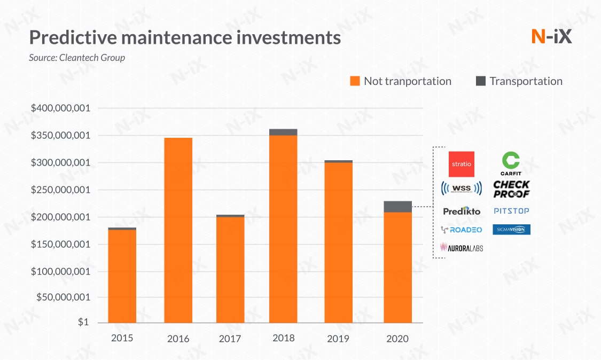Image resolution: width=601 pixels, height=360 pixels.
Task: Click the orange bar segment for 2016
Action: coord(178,230)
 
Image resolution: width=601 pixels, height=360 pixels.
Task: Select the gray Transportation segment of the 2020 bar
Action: coord(397,207)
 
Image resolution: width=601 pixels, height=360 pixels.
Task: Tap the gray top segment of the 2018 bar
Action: coord(283,132)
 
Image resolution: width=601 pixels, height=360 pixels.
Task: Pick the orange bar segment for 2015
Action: coord(122,276)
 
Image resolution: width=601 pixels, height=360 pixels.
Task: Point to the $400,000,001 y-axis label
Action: coord(60,108)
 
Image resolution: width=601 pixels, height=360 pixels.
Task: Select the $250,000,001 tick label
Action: coord(60,190)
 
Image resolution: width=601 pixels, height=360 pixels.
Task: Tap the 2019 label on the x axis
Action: coord(338,339)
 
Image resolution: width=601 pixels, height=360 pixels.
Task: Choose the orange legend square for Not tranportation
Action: coord(355,81)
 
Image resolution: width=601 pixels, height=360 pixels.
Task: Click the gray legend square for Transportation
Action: coord(480,81)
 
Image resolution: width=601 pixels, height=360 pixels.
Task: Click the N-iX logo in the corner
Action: coord(551,37)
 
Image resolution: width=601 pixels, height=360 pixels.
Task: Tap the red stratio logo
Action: coord(462,164)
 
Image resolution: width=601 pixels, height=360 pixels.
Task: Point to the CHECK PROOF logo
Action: coord(511,189)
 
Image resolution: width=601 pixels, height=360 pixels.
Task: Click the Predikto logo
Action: coord(462,211)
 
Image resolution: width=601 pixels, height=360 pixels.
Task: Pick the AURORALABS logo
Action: coord(462,247)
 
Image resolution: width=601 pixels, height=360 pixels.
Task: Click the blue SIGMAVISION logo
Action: coord(511,229)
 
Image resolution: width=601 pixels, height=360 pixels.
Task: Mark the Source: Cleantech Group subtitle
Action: coord(77,57)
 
